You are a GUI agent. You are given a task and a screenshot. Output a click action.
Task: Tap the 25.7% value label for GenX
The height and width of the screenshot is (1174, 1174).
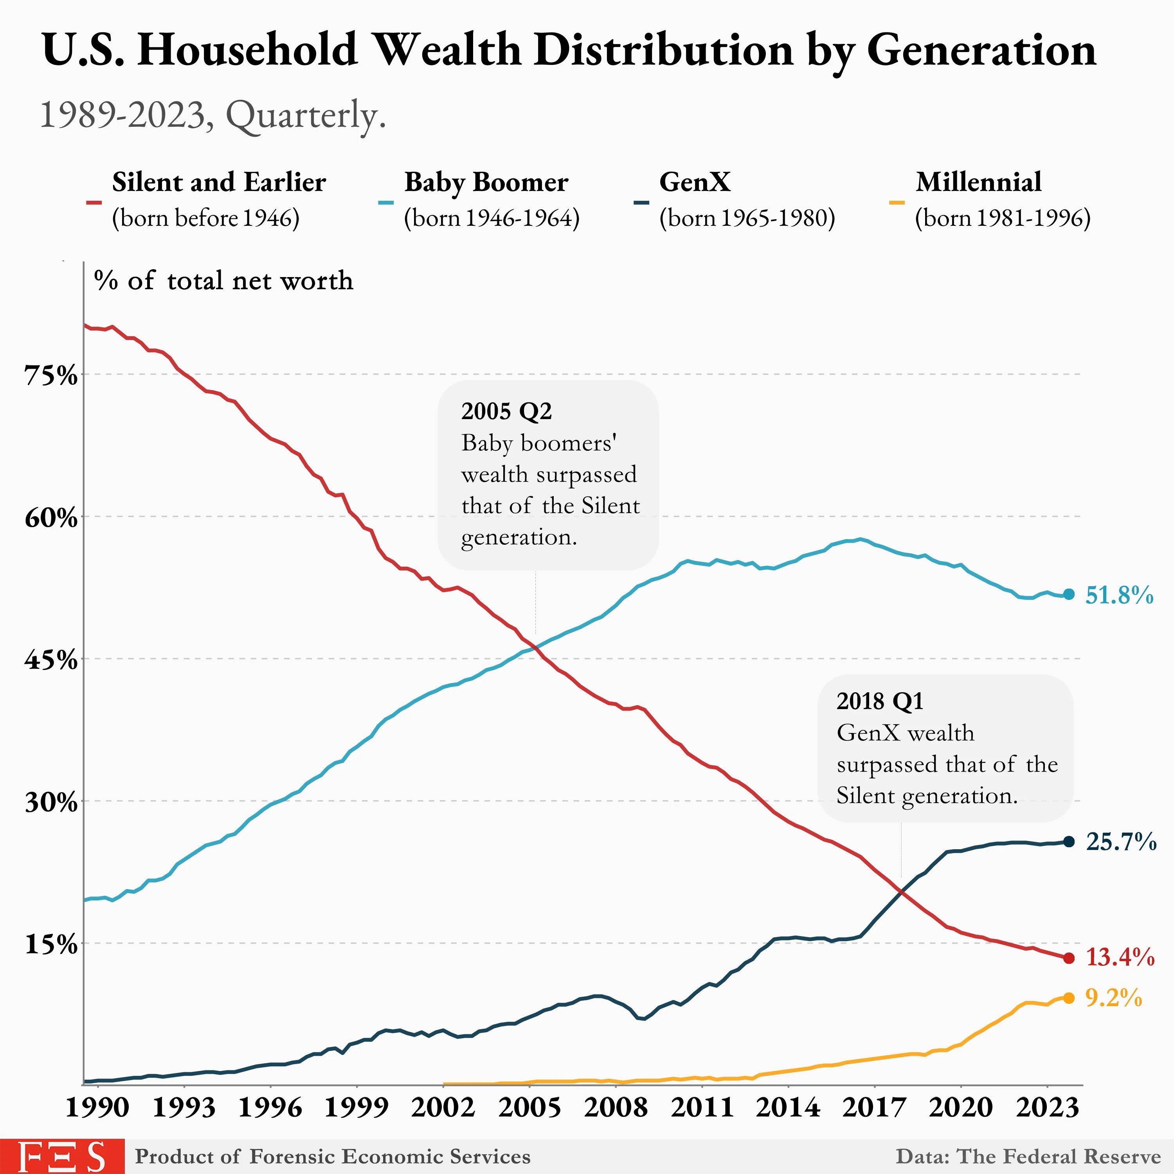pos(1121,842)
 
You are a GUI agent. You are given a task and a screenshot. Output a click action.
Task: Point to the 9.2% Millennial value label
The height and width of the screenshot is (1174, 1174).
pos(1114,998)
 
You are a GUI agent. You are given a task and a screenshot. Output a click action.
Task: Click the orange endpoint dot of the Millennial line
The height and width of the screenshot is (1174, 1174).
pos(1069,998)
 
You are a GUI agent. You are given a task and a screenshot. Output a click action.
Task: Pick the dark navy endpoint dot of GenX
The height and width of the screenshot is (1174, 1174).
pos(1069,842)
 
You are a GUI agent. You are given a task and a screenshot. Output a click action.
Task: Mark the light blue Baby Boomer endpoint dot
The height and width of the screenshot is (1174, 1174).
pos(1069,594)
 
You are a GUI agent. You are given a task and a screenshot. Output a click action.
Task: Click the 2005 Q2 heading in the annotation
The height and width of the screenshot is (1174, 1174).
pos(506,411)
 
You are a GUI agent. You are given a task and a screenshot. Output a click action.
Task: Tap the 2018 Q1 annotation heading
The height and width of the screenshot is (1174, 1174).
pos(879,701)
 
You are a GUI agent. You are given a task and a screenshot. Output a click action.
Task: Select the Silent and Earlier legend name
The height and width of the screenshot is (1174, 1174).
pos(219,182)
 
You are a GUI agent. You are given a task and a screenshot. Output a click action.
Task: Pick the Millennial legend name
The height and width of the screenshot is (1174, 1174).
pos(978,182)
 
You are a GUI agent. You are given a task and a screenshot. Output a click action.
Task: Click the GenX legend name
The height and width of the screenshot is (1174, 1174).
pos(695,182)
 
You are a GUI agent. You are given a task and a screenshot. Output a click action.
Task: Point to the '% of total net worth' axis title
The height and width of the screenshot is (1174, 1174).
pos(223,281)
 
